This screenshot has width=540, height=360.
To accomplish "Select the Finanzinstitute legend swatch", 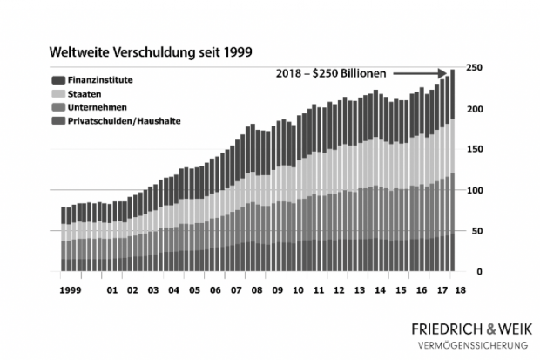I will point(59,79).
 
